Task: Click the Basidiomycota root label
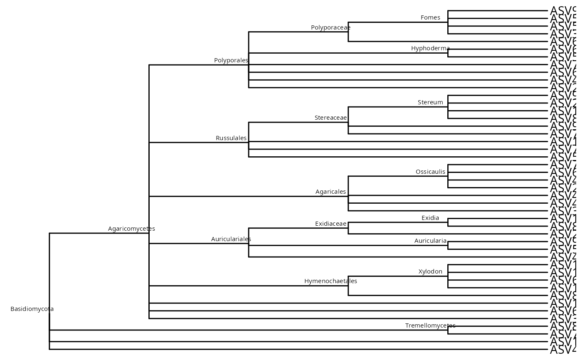32,309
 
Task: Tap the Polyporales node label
231,60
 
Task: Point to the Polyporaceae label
330,27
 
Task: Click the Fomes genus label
430,17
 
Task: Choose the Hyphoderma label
430,48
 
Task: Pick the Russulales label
231,138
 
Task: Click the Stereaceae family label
330,118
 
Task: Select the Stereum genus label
430,102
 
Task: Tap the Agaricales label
330,192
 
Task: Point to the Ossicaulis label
430,172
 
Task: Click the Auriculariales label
231,239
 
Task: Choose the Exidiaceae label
330,224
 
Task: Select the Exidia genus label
430,218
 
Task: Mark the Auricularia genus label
430,241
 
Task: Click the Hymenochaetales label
330,281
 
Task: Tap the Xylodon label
430,271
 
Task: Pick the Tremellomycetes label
430,325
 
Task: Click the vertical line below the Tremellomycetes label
448,330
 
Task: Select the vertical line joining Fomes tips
448,22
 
